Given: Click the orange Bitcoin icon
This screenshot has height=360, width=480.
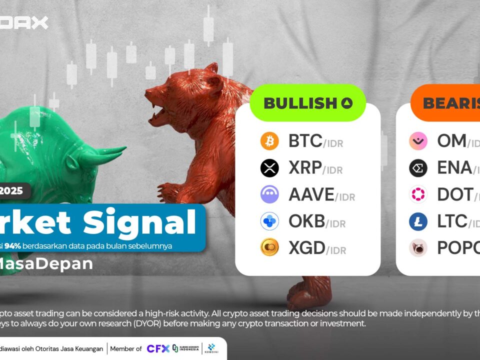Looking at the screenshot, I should [x=269, y=141].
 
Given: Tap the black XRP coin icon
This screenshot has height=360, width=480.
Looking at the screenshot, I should [x=269, y=168].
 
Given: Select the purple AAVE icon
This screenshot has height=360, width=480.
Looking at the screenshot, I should [x=269, y=194].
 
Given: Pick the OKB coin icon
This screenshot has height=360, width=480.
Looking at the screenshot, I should [x=269, y=221].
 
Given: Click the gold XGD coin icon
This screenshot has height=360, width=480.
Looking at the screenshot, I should [x=269, y=247].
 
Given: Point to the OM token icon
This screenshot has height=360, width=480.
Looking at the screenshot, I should [x=418, y=141].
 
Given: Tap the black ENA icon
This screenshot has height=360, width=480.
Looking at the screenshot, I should [x=418, y=168].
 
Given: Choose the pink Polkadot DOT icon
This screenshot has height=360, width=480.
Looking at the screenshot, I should [x=418, y=194].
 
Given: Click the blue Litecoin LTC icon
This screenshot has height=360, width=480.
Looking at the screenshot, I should [x=418, y=221].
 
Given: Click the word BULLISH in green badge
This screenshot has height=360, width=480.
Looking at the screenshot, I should [x=300, y=103].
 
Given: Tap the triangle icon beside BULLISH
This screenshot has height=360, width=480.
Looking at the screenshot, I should [x=347, y=103].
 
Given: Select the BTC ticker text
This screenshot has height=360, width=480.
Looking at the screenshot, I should [x=305, y=141].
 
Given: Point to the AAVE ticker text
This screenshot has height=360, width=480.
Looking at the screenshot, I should [x=311, y=194].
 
